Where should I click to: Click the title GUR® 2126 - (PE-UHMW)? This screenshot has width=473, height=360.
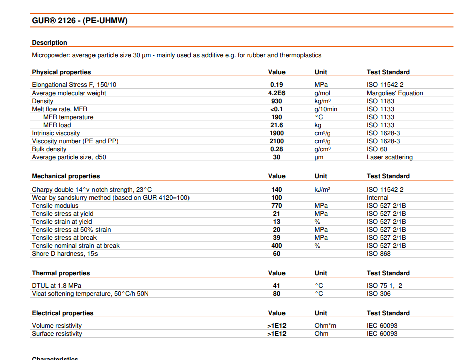tap(80, 21)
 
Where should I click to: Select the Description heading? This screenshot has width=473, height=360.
tap(49, 43)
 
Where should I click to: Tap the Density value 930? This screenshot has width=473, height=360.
tap(276, 101)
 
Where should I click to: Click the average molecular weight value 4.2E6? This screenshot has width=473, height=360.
tap(276, 93)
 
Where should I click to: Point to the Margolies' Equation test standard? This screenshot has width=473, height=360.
tap(395, 93)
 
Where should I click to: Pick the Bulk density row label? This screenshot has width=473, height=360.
tap(49, 149)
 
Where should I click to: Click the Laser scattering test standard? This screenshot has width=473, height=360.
tap(390, 157)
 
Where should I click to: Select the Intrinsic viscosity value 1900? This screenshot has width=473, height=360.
tap(276, 133)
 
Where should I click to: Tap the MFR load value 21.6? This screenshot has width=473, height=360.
tap(276, 125)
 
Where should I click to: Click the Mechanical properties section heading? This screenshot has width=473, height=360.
tap(65, 176)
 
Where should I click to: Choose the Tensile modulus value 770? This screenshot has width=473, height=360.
tap(276, 206)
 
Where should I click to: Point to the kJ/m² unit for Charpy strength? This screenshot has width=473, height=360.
tap(322, 190)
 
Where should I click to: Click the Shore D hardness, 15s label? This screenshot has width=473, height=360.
tap(64, 254)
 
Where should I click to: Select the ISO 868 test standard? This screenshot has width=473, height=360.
tap(379, 254)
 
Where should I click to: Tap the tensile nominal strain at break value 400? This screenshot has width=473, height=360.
tap(276, 246)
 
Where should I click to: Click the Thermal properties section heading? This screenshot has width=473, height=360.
tap(61, 273)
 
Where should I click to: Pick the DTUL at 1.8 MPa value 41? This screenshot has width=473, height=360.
tap(276, 286)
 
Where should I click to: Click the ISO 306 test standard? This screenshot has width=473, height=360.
tap(379, 294)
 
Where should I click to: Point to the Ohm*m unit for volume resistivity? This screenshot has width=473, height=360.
tap(325, 326)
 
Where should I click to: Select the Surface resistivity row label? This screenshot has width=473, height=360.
tap(57, 334)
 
